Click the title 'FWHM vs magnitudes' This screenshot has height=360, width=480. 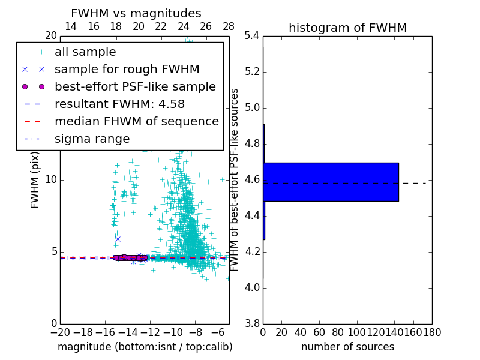coord(136,13)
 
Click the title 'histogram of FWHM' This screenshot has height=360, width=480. coord(347,28)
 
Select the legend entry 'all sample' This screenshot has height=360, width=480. coord(85,52)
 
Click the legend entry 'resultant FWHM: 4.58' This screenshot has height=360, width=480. coord(119,104)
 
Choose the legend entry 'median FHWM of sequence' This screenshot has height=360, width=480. coord(136,121)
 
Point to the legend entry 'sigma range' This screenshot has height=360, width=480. coord(92,139)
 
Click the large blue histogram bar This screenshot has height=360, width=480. coord(331,181)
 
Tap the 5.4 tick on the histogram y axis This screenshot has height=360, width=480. coord(251,36)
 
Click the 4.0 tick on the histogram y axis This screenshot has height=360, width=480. coord(251,287)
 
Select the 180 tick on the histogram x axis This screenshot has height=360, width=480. coord(431,332)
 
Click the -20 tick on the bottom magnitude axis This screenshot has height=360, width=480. coord(60,332)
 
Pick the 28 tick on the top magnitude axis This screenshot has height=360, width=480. coord(229,26)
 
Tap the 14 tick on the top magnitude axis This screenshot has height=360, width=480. coord(71,26)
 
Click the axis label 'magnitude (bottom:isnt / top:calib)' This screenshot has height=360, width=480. coord(145,347)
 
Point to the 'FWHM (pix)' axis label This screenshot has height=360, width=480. coord(35,180)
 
